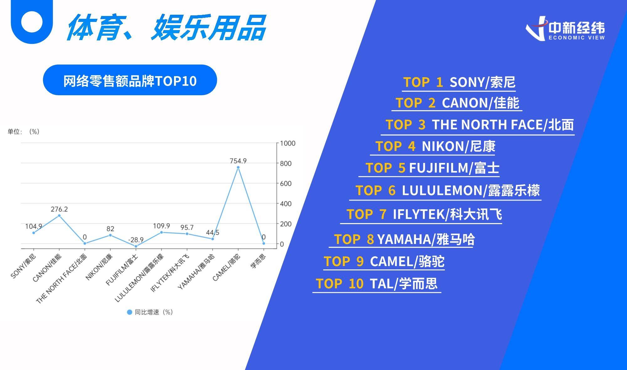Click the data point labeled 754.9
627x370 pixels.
pos(238,167)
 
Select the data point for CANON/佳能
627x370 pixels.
pos(59,216)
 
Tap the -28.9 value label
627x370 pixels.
pos(136,240)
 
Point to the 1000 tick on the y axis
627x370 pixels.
pos(287,143)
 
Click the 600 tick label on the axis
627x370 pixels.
pos(286,184)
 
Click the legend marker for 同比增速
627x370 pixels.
pos(129,312)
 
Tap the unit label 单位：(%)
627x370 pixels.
pos(24,132)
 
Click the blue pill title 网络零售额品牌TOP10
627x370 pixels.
pos(130,80)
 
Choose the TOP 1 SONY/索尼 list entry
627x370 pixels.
pos(459,82)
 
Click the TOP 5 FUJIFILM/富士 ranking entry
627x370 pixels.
pos(432,168)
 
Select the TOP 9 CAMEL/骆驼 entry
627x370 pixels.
pos(384,261)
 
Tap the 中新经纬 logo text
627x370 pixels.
pos(577,28)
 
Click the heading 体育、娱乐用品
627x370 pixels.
pos(166,28)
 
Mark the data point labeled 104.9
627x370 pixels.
pos(34,233)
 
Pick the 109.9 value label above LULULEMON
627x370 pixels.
pos(161,226)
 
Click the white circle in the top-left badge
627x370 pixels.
pos(32,22)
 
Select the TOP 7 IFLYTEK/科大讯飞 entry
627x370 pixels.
pos(424,214)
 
